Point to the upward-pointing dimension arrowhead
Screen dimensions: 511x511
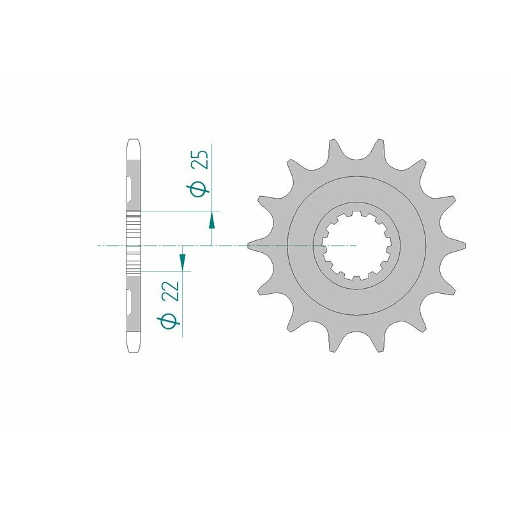(x=212, y=221)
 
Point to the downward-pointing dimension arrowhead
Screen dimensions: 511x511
(x=183, y=261)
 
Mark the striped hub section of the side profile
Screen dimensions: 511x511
(x=133, y=245)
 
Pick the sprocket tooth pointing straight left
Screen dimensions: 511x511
(x=256, y=245)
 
